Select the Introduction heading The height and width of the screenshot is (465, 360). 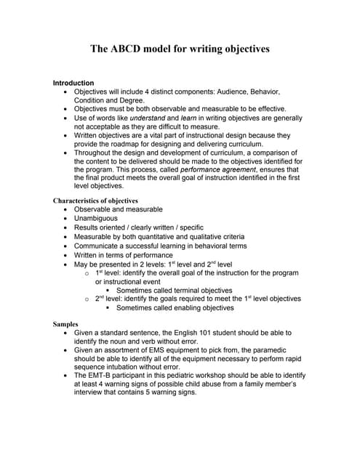[73, 84]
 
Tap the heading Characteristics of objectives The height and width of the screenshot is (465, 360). [95, 201]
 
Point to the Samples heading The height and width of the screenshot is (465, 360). [66, 323]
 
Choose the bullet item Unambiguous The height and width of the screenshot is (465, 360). [95, 218]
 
